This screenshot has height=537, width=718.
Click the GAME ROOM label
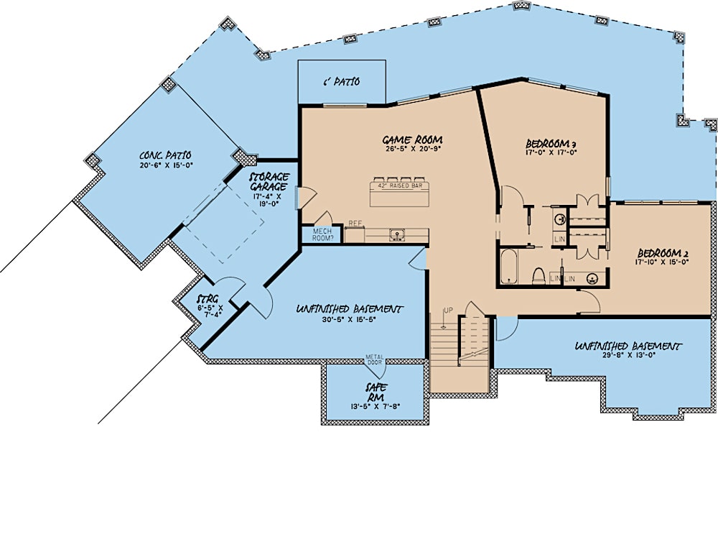tap(411, 139)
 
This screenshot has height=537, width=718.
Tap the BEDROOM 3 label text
tap(552, 143)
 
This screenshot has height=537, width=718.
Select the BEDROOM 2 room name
tap(663, 254)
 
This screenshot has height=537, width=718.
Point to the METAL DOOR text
tap(375, 359)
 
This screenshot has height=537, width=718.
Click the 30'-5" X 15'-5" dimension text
tap(350, 321)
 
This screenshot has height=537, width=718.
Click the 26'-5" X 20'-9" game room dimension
tap(411, 150)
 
